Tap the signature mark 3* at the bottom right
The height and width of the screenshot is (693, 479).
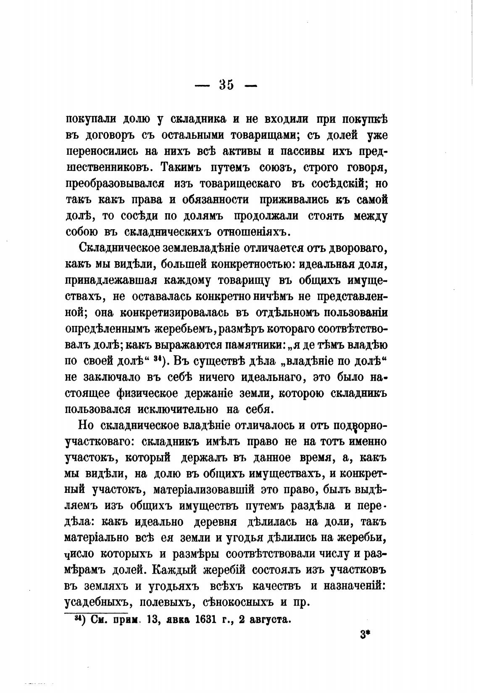click(364, 636)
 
